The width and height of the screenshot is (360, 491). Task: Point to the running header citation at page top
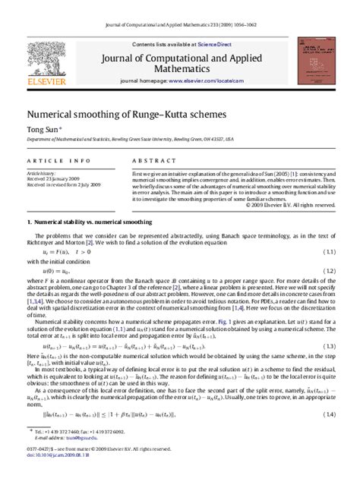point(179,7)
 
